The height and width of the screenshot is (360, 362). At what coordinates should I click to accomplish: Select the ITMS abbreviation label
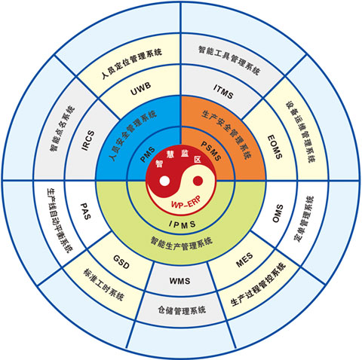(x=223, y=92)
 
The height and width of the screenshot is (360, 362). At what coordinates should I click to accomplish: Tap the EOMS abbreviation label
(x=275, y=147)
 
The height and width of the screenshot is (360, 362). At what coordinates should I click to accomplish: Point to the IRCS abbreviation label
(x=88, y=140)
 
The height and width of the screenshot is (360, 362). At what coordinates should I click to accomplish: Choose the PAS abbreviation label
(x=85, y=212)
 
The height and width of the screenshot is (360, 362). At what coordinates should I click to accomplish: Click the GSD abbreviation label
(x=121, y=262)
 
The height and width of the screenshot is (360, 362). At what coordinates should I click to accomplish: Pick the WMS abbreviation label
(x=179, y=281)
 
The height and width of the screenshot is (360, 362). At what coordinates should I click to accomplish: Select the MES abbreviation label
(x=244, y=261)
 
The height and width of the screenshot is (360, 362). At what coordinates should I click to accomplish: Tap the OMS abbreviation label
(x=278, y=213)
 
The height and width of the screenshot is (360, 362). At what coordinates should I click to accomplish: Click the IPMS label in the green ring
(x=183, y=224)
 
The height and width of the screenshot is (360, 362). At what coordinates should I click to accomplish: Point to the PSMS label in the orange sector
(x=211, y=151)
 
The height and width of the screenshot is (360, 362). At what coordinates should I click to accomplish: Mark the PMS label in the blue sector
(x=148, y=155)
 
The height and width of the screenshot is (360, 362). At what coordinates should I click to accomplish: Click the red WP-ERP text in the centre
(x=186, y=203)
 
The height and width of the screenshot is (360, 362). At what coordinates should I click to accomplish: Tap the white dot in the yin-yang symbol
(x=164, y=181)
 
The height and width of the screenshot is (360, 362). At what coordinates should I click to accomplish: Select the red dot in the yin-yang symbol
(x=198, y=181)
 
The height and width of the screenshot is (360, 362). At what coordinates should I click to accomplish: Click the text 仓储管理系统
(x=182, y=310)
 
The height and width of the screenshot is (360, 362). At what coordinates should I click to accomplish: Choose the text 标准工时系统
(x=103, y=285)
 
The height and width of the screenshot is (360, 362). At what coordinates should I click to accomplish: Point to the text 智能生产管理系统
(x=182, y=243)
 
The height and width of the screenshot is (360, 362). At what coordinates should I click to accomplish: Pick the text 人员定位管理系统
(x=132, y=63)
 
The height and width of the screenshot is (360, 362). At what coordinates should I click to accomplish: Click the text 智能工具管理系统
(x=229, y=60)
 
